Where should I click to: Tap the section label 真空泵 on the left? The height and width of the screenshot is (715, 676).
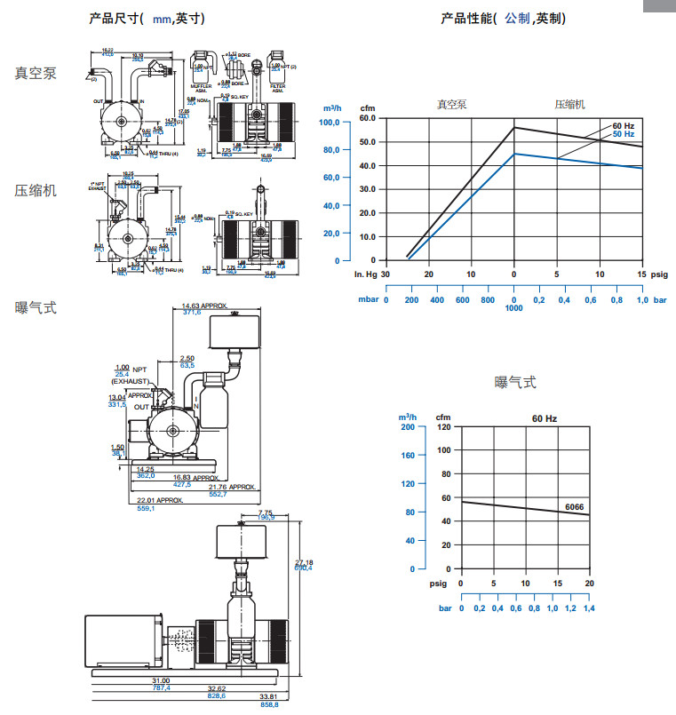click(36, 73)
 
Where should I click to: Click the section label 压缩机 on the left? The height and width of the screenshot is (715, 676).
click(36, 190)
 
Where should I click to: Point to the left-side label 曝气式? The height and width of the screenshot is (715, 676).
click(36, 307)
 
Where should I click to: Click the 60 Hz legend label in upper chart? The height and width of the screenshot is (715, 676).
click(623, 125)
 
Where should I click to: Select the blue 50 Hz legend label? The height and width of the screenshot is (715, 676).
click(623, 134)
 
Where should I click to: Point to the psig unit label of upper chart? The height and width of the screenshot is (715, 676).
click(659, 274)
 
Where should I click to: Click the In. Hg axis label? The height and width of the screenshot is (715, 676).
click(366, 274)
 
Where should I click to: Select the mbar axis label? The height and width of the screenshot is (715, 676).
click(368, 300)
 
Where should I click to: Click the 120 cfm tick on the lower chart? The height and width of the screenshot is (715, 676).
click(443, 427)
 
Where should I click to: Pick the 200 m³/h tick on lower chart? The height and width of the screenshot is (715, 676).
click(408, 427)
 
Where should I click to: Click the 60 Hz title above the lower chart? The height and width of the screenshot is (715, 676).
click(545, 417)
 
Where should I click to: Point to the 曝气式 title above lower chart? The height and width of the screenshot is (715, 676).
click(515, 383)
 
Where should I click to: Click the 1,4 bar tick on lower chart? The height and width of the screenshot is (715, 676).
click(590, 608)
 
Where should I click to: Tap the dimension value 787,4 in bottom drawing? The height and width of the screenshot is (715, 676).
click(162, 688)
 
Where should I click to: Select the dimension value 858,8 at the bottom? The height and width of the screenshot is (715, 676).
click(269, 704)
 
